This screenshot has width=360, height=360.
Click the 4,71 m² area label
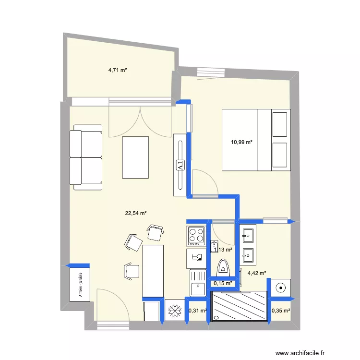pos(118,70)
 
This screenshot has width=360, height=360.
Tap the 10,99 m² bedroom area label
pos(241,142)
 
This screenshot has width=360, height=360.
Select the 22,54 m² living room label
pos(136,214)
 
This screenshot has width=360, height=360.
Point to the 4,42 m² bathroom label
pos(257,274)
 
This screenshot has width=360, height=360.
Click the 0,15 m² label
pos(223,284)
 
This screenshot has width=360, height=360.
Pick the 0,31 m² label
pos(197,311)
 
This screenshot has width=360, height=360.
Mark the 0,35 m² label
pos(281,311)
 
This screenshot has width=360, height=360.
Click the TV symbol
pos(180,164)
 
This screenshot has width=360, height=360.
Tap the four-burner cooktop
pos(196,235)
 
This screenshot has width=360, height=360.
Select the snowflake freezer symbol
pos(174,311)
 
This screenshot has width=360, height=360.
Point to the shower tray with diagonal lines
pos(239,306)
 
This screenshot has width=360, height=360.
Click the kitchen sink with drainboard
pos(197,283)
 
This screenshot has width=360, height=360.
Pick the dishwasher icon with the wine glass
pos(196,258)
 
